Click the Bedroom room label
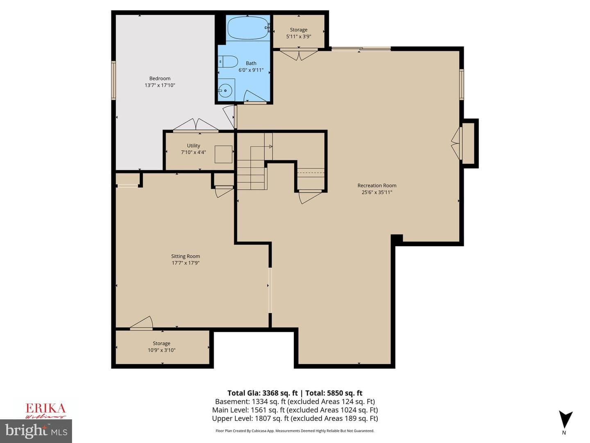click(160, 78)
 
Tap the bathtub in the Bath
click(248, 28)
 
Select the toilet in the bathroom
click(228, 62)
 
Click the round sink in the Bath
click(225, 91)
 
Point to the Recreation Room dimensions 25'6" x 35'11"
click(377, 192)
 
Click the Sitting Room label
click(186, 256)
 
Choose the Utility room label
click(193, 146)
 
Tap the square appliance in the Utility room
click(223, 154)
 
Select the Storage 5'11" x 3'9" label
click(299, 33)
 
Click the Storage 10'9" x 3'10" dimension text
click(161, 350)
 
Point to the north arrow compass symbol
click(565, 420)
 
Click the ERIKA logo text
click(46, 409)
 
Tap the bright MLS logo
click(36, 431)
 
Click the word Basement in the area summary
click(232, 402)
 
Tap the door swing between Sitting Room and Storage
click(142, 322)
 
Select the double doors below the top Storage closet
click(299, 54)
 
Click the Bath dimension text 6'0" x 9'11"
click(251, 70)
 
